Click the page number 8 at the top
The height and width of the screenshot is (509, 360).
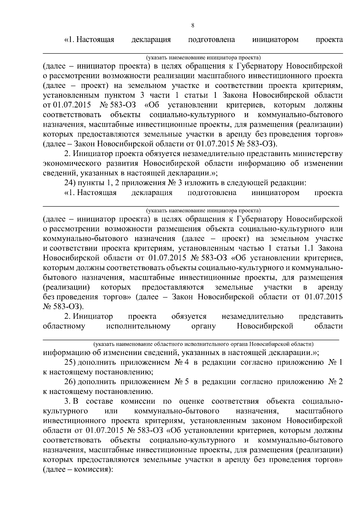point(193,26)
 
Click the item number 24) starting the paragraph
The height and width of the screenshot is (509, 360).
point(70,183)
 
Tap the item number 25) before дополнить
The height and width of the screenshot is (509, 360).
point(70,362)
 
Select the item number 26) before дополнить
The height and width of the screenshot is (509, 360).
point(70,382)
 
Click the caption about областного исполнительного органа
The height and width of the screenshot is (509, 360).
point(203,343)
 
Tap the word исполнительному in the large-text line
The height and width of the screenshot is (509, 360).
point(138,326)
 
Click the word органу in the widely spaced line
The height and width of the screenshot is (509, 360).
point(203,326)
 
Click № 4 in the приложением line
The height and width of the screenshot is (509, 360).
point(181,362)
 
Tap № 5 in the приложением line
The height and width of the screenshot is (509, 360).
point(181,382)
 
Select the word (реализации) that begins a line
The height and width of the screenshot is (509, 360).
point(67,287)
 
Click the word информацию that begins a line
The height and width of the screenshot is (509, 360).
point(63,352)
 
